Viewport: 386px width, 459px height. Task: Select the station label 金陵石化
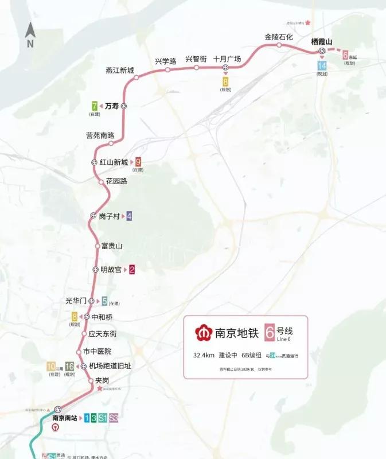tap(279, 37)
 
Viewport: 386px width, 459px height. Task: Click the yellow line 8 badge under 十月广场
tap(225, 81)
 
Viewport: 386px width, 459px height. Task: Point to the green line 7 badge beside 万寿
tap(94, 106)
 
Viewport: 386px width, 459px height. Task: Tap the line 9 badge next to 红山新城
tap(138, 162)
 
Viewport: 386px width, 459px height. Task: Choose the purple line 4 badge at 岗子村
tap(129, 216)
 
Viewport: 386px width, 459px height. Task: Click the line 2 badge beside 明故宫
tap(132, 270)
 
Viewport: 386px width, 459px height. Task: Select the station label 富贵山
tap(112, 246)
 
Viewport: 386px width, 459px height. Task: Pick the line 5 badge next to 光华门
tap(104, 301)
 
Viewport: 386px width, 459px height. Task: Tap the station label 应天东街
tap(103, 333)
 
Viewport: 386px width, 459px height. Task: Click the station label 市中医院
tap(98, 351)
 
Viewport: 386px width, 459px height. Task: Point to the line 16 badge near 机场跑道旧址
tap(69, 366)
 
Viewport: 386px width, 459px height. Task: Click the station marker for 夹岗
tap(90, 380)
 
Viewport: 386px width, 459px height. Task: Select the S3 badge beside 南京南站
tap(114, 418)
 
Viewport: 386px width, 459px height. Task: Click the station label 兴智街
tap(196, 60)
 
